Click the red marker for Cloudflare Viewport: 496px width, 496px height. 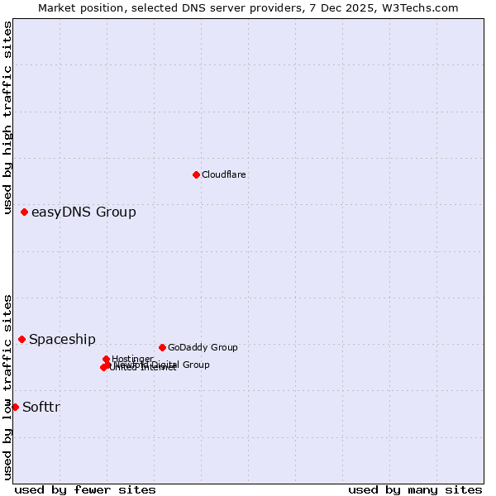(x=196, y=174)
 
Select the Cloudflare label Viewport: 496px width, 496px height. (x=224, y=174)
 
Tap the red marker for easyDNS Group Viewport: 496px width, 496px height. (x=25, y=212)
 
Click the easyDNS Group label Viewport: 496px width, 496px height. (x=83, y=212)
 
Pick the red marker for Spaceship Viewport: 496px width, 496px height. (x=22, y=339)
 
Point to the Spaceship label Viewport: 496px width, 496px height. (x=62, y=339)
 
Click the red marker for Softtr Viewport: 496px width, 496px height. (x=15, y=407)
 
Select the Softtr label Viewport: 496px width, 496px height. (x=41, y=407)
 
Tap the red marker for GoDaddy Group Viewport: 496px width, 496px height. (x=162, y=347)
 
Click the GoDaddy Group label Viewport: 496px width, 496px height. (x=203, y=347)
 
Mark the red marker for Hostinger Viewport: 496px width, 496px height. (x=107, y=359)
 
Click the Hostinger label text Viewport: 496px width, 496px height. (x=133, y=358)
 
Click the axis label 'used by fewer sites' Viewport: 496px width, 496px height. (x=85, y=489)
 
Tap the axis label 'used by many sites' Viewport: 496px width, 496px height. (x=415, y=489)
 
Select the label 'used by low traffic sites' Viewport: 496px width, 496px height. (x=7, y=387)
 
